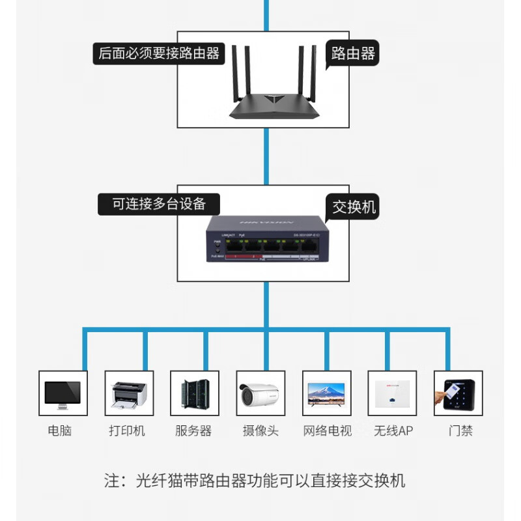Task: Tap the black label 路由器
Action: [352, 53]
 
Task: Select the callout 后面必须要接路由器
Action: [159, 53]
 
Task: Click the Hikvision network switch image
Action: [266, 241]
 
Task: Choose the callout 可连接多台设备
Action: [159, 204]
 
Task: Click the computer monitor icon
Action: [63, 393]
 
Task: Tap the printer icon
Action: [129, 393]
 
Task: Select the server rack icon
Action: [195, 393]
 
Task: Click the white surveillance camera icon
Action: [260, 393]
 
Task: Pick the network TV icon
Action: [326, 393]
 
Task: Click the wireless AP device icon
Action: [392, 393]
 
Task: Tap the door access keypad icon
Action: [458, 393]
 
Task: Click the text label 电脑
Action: [60, 430]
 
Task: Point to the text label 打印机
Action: [127, 430]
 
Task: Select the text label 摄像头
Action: [260, 430]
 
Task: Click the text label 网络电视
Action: [328, 430]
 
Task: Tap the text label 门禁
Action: [460, 430]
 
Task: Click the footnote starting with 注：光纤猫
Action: [255, 481]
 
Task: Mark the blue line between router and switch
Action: [266, 156]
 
